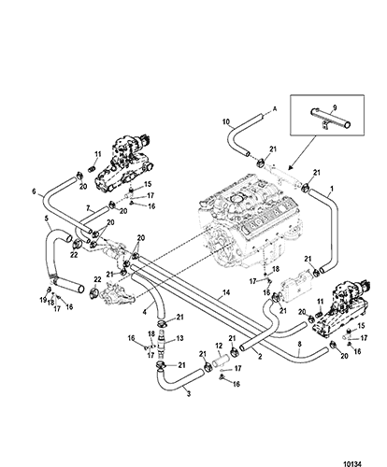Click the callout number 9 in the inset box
[335, 107]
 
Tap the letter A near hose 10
[275, 109]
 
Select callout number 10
[226, 121]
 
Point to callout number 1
[332, 189]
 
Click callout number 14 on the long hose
[226, 292]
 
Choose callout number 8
[299, 345]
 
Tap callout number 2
[260, 357]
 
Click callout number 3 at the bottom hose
[189, 394]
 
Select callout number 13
[180, 338]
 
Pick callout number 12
[219, 346]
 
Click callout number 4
[144, 312]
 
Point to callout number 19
[43, 300]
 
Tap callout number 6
[35, 191]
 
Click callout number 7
[88, 207]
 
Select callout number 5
[47, 219]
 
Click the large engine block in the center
[250, 222]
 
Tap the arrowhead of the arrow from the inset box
[289, 168]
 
